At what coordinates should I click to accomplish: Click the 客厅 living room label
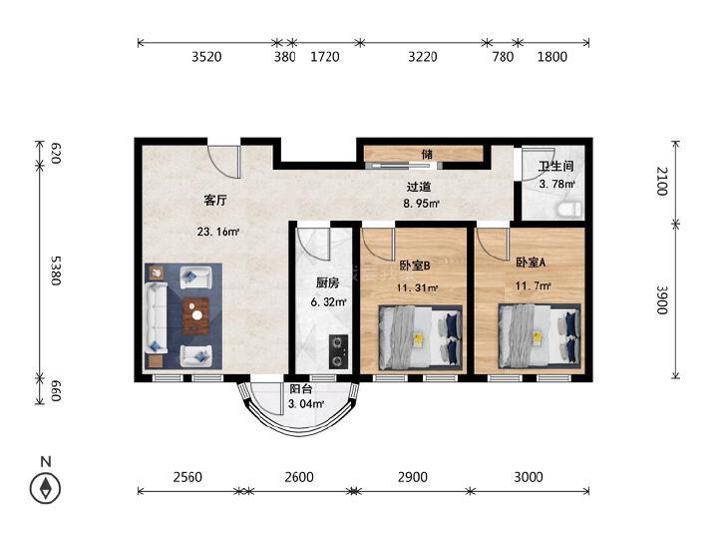pyautogui.click(x=215, y=201)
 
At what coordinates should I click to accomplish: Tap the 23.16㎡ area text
pyautogui.click(x=218, y=231)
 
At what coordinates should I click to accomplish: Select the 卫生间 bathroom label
pyautogui.click(x=555, y=166)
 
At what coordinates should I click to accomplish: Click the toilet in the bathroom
pyautogui.click(x=568, y=210)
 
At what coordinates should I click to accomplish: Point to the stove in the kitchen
pyautogui.click(x=339, y=351)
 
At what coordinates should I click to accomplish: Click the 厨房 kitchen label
pyautogui.click(x=328, y=282)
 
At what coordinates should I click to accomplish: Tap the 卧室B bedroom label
pyautogui.click(x=415, y=266)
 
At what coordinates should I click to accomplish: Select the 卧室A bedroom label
pyautogui.click(x=531, y=263)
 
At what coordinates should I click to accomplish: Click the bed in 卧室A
pyautogui.click(x=540, y=335)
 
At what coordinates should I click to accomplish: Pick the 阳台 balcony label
pyautogui.click(x=301, y=389)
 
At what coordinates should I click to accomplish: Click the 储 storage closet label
pyautogui.click(x=427, y=154)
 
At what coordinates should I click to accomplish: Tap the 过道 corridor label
pyautogui.click(x=419, y=187)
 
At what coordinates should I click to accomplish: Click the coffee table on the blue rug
pyautogui.click(x=196, y=316)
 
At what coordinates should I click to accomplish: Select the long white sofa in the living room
pyautogui.click(x=157, y=317)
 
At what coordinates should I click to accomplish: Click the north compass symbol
pyautogui.click(x=46, y=487)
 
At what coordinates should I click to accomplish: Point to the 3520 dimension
pyautogui.click(x=206, y=57)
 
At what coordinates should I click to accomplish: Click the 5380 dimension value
pyautogui.click(x=55, y=271)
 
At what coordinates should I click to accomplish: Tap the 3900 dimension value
pyautogui.click(x=662, y=299)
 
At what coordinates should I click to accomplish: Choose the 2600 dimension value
pyautogui.click(x=299, y=477)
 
